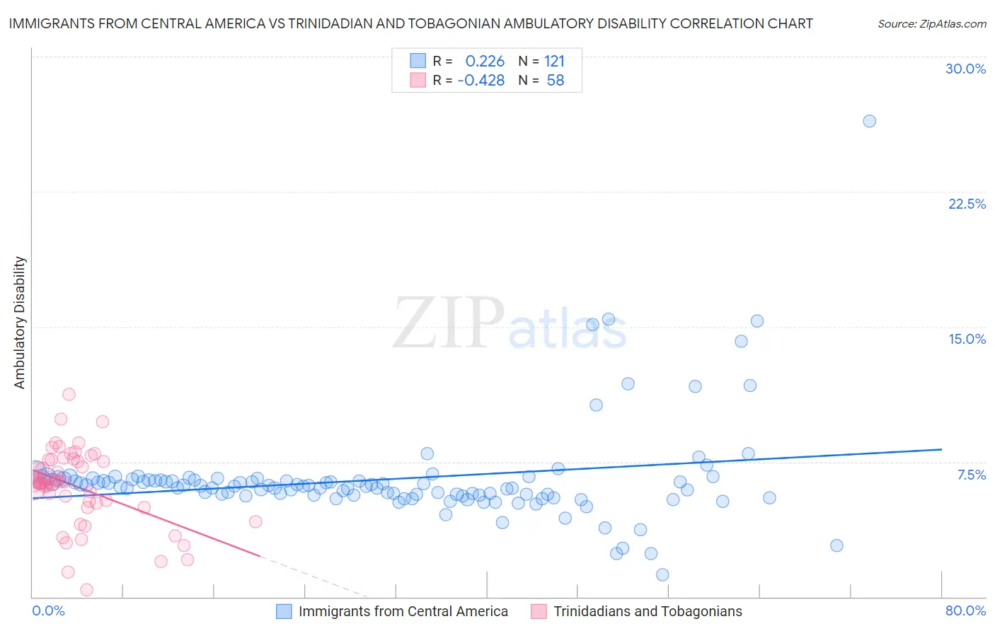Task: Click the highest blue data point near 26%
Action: (x=869, y=121)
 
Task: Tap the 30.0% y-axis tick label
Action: (x=965, y=69)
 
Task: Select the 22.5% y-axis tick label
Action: (x=967, y=204)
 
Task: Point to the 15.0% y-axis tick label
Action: (x=967, y=339)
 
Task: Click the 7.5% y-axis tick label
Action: (x=971, y=475)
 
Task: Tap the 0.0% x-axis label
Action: (x=48, y=610)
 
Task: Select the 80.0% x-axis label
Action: (x=965, y=610)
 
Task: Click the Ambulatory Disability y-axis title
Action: (x=20, y=323)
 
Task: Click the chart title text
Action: (x=410, y=23)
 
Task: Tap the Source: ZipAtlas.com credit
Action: (x=931, y=23)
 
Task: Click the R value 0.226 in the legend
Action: (x=485, y=62)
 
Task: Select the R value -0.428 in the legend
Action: (x=481, y=81)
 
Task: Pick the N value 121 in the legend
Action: (x=554, y=62)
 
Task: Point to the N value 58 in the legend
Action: (x=556, y=81)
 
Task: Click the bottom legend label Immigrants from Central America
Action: (x=403, y=611)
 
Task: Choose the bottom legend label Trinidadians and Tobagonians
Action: (x=648, y=611)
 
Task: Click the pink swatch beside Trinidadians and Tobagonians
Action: (x=539, y=611)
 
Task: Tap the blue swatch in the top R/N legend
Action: (x=418, y=61)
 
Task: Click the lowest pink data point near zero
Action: (x=86, y=589)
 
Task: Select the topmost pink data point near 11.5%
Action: (x=69, y=394)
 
